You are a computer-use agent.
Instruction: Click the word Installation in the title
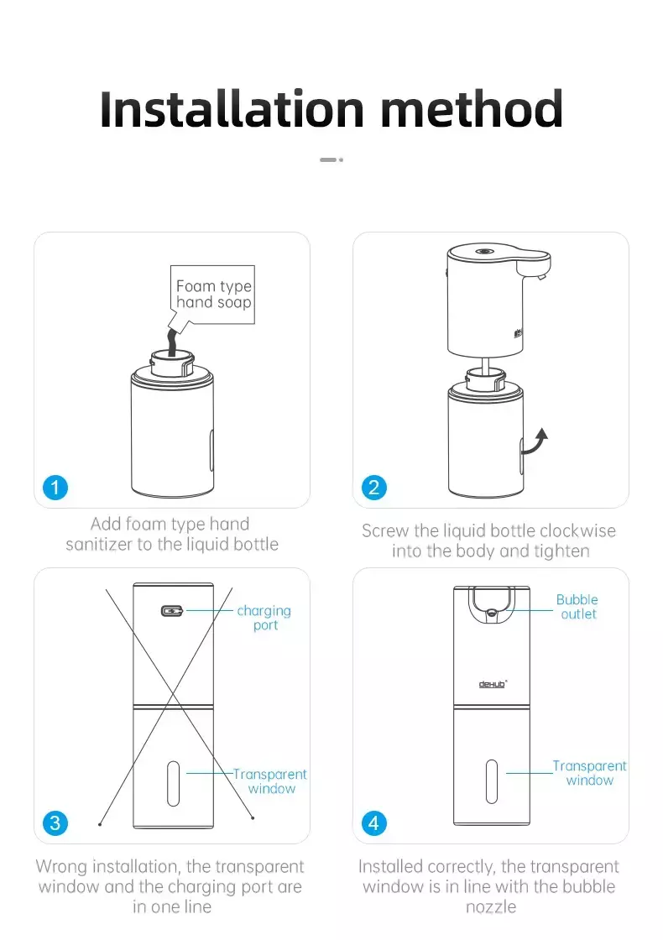(232, 109)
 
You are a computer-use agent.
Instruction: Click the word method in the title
(472, 109)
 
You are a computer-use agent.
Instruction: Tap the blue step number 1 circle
(55, 488)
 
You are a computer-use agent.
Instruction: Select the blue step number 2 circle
(374, 488)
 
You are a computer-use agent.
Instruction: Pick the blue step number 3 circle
(55, 823)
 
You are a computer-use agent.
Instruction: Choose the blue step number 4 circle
(374, 823)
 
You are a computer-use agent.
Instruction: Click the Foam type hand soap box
(213, 295)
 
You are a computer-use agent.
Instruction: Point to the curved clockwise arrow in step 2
(533, 444)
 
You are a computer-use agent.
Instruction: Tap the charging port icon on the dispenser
(172, 611)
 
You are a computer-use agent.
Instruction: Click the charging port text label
(264, 618)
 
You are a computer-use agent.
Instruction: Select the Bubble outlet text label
(577, 607)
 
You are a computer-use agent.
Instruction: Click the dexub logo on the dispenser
(493, 684)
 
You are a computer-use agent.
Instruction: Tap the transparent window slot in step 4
(492, 781)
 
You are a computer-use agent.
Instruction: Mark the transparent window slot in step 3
(173, 784)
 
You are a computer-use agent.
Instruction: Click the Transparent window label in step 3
(269, 781)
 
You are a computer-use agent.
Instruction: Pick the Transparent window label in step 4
(589, 773)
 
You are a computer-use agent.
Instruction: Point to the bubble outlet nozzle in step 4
(492, 613)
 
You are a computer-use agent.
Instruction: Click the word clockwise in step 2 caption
(578, 531)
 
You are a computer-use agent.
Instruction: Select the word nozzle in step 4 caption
(491, 907)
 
